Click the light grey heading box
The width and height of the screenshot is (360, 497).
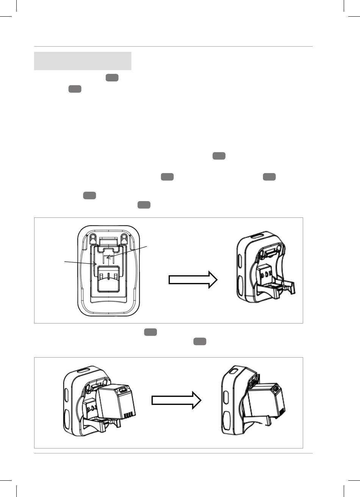(83, 61)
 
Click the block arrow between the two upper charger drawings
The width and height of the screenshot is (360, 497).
(193, 280)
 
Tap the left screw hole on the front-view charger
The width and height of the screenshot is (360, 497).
(93, 237)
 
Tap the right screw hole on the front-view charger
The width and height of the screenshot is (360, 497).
(124, 237)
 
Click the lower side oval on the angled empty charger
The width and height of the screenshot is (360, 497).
(241, 284)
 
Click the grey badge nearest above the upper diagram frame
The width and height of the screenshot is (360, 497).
(144, 205)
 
